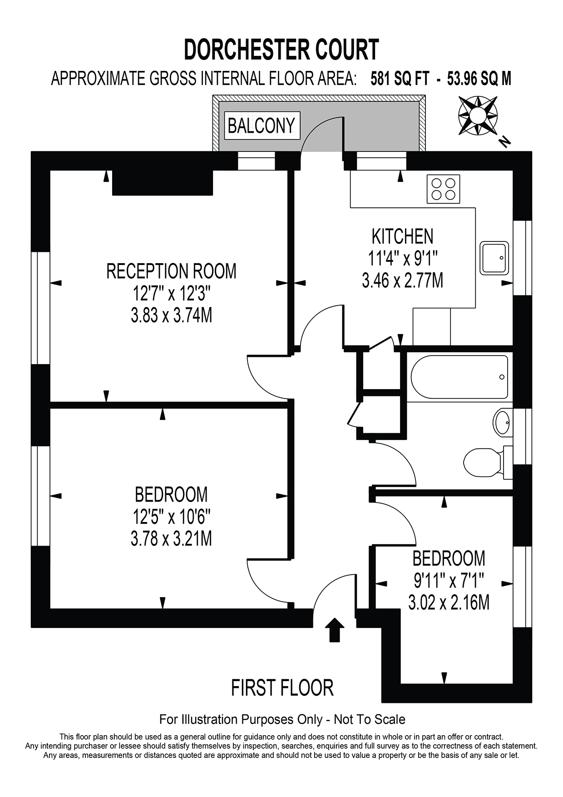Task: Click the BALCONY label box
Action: pyautogui.click(x=261, y=125)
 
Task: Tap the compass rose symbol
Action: pyautogui.click(x=477, y=115)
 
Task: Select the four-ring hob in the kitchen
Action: pyautogui.click(x=443, y=189)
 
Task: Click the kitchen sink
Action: pyautogui.click(x=494, y=258)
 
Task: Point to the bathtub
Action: pyautogui.click(x=459, y=377)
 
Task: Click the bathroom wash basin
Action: pyautogui.click(x=503, y=423)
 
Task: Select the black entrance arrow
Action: pyautogui.click(x=335, y=629)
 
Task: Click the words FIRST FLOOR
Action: pyautogui.click(x=282, y=688)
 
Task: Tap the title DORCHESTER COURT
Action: pyautogui.click(x=281, y=50)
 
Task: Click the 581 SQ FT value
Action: pyautogui.click(x=400, y=79)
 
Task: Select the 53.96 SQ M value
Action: pyautogui.click(x=479, y=79)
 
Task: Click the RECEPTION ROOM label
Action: pyautogui.click(x=171, y=271)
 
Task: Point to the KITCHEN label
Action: pyautogui.click(x=402, y=236)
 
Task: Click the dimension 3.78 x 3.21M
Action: pyautogui.click(x=171, y=539)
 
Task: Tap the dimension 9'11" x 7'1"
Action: pyautogui.click(x=449, y=580)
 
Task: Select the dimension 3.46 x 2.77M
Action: pyautogui.click(x=402, y=281)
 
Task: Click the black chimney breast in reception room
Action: pyautogui.click(x=163, y=183)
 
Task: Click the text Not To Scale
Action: pyautogui.click(x=369, y=719)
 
